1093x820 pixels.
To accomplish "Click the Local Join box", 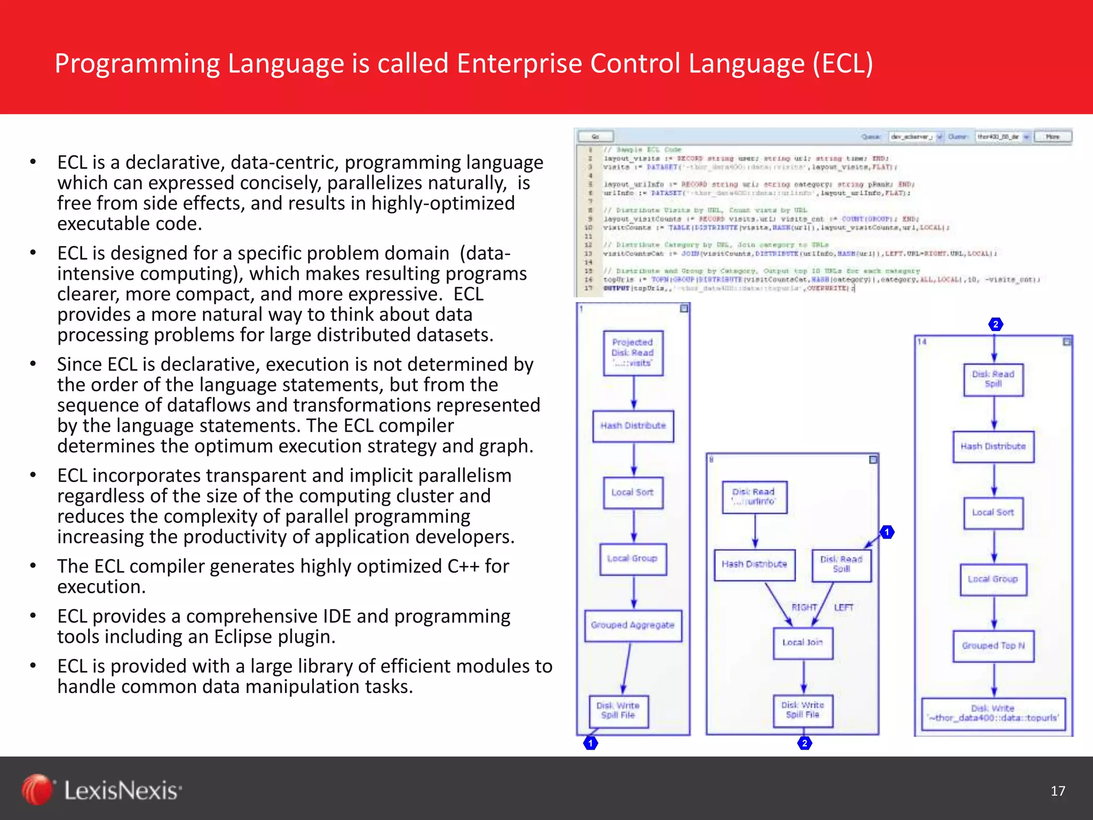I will click(803, 643).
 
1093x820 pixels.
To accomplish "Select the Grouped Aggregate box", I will click(633, 625).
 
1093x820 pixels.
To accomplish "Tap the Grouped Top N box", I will click(993, 646).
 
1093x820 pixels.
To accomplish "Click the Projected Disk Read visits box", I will click(633, 353).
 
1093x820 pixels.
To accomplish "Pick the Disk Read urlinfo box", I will click(754, 496).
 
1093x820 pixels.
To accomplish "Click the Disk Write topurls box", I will click(993, 713).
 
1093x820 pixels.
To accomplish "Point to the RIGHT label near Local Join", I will click(804, 608).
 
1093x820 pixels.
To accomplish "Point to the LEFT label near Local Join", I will click(844, 608).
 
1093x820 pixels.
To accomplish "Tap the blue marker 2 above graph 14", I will click(995, 324).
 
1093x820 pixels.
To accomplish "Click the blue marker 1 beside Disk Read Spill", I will click(887, 532).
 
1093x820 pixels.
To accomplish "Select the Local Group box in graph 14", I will click(993, 579).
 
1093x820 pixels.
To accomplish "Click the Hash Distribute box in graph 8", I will click(754, 564).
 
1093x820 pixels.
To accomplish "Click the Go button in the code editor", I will click(595, 137).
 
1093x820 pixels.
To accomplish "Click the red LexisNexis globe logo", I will click(37, 790).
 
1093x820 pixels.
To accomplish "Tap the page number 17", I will click(1058, 791).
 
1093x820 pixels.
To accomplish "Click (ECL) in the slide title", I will click(843, 63).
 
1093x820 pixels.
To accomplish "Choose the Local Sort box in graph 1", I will click(633, 492).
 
